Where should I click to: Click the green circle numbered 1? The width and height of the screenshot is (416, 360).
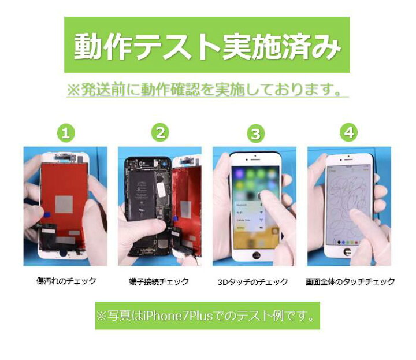coord(66,133)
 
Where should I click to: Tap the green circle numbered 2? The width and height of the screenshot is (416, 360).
coord(160,132)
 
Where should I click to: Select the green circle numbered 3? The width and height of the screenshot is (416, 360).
coord(255,134)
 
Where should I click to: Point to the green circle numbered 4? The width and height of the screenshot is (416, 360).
coord(348,133)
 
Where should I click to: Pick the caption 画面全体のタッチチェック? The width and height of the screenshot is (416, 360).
coord(350,282)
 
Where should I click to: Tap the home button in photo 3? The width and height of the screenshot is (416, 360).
coord(255,254)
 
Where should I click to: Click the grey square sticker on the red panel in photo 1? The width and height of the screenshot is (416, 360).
coord(64,203)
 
